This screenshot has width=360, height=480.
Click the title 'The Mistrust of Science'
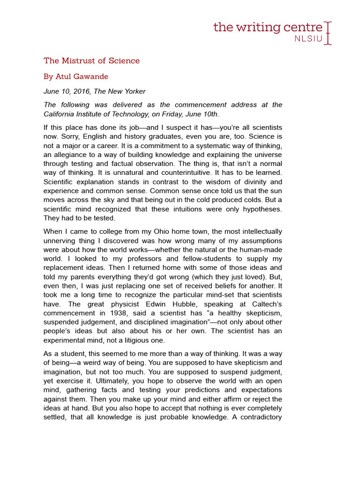coord(91,60)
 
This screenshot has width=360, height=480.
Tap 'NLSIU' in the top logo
coord(308,38)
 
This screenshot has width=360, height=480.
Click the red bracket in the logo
coord(328,32)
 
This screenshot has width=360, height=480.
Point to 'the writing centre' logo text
coord(268,27)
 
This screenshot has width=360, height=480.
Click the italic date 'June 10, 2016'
coord(67,91)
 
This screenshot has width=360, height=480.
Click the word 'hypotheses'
coord(261,209)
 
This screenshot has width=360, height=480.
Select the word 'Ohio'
coord(146,232)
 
